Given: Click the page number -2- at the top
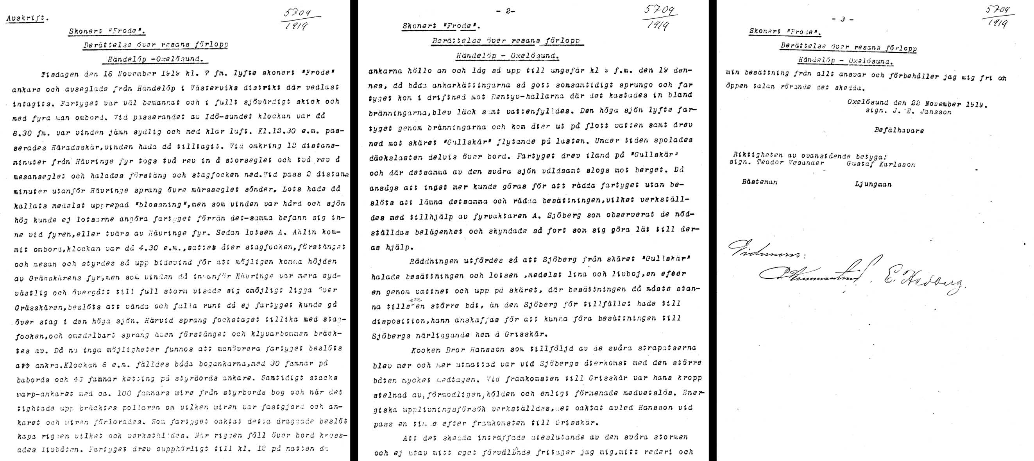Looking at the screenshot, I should (x=508, y=11).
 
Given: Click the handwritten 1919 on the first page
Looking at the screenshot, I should (x=297, y=27).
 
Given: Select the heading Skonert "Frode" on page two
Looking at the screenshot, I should (x=441, y=26).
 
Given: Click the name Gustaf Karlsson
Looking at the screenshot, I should (x=881, y=164).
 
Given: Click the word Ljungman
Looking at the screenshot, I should (x=873, y=184).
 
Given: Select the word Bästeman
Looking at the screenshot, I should (x=759, y=182).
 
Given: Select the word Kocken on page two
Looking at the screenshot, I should (x=426, y=351).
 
